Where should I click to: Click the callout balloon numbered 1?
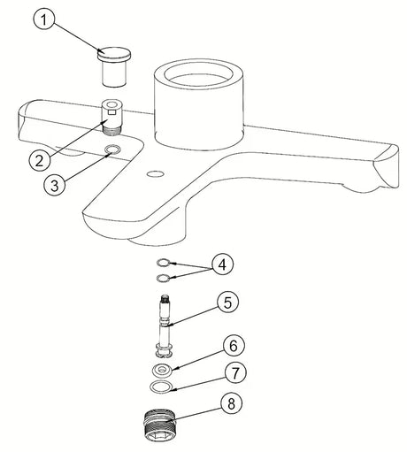[43, 20]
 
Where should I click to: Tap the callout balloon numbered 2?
[40, 161]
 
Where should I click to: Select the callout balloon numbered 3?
[55, 185]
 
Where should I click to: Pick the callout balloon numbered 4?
[222, 264]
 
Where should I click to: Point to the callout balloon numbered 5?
[227, 303]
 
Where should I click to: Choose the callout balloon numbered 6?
[234, 345]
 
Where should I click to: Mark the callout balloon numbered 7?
[235, 372]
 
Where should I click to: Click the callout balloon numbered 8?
[231, 402]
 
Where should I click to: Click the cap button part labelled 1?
[114, 66]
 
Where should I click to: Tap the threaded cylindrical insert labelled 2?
[111, 117]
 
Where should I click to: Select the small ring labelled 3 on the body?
[113, 149]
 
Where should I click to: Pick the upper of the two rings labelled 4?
[163, 262]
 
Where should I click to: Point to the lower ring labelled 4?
[163, 278]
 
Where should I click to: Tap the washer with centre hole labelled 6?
[163, 369]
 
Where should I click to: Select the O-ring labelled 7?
[161, 387]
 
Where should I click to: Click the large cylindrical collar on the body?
[199, 103]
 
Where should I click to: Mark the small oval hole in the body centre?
[155, 174]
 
